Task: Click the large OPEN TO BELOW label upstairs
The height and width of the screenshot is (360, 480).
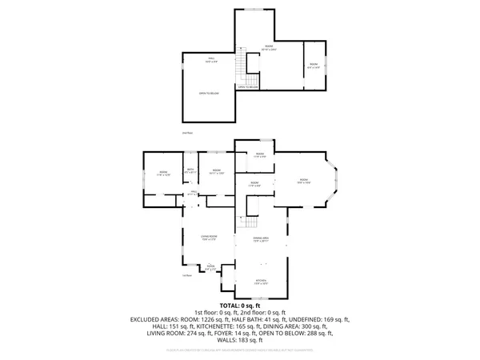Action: coord(209,94)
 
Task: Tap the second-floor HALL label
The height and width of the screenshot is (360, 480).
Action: coord(212,59)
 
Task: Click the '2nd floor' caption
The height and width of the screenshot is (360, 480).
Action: coord(188,132)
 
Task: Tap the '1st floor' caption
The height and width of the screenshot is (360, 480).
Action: coord(188,276)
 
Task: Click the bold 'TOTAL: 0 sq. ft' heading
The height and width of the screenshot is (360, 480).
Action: coord(240,306)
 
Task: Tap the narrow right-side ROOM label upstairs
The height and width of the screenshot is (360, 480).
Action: coord(314,66)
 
